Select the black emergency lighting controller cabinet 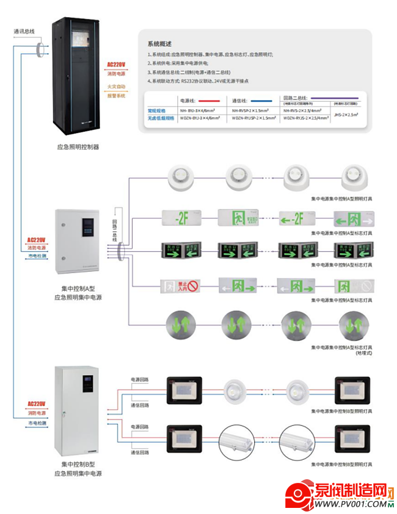point(78,78)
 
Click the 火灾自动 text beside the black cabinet point(116,87)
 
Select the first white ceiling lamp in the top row point(180,177)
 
